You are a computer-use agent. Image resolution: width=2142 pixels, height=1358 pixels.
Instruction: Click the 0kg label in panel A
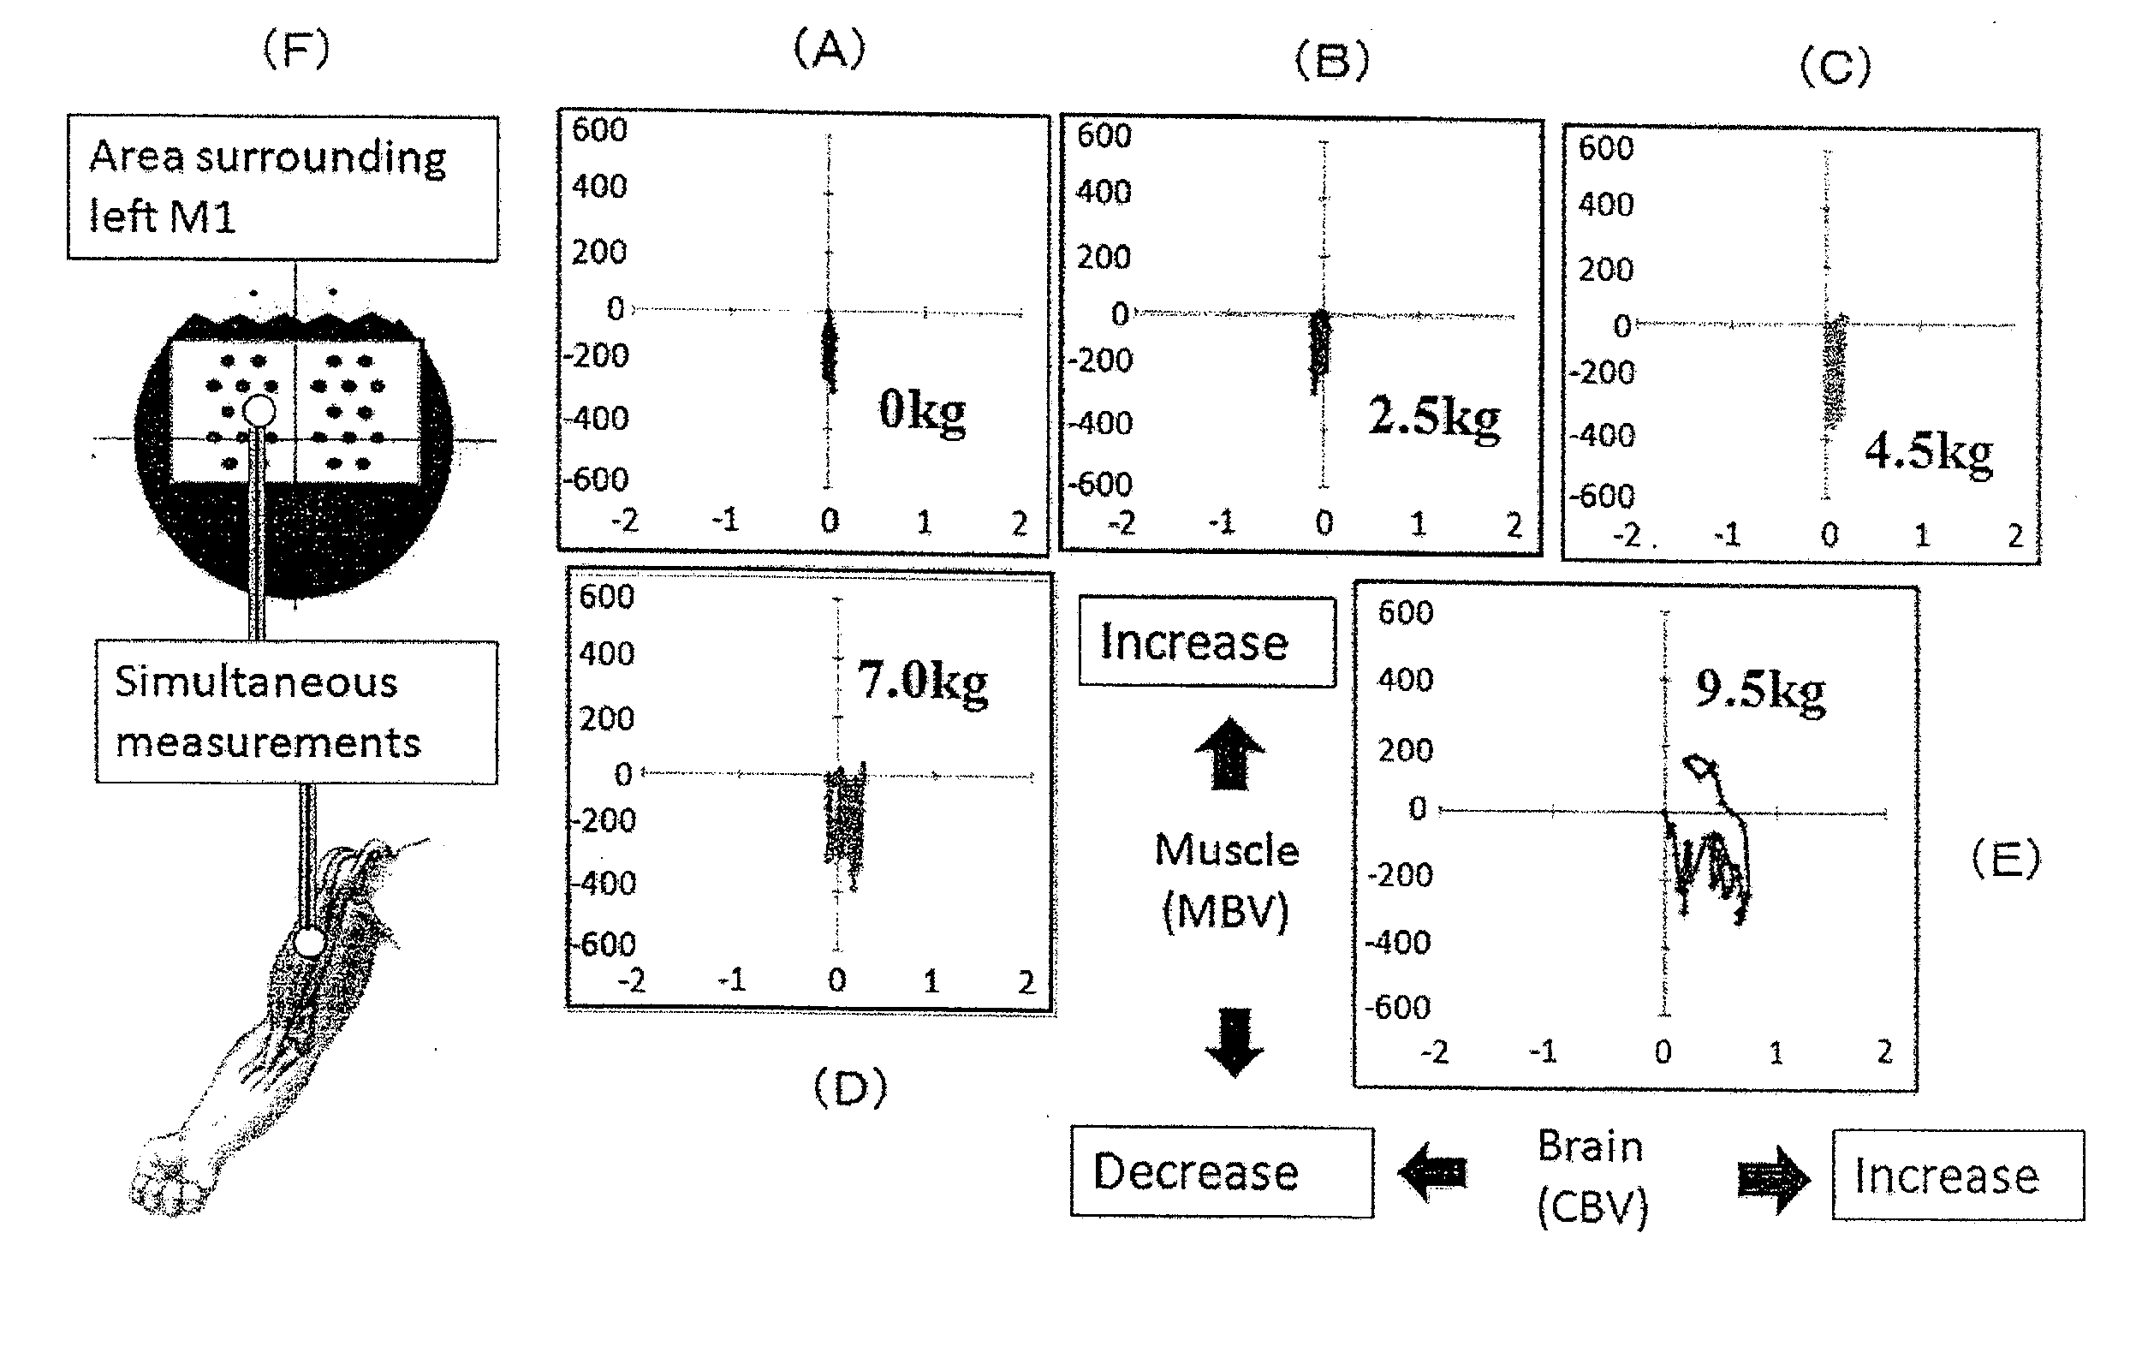pyautogui.click(x=921, y=411)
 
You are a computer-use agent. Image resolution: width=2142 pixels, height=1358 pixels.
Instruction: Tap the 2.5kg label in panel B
pyautogui.click(x=1433, y=416)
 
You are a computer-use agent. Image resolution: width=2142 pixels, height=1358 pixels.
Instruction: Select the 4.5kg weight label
pyautogui.click(x=1928, y=451)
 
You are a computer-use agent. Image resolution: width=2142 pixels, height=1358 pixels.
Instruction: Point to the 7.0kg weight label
pyautogui.click(x=921, y=682)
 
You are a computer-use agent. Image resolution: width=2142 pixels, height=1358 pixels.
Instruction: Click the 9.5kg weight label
pyautogui.click(x=1759, y=688)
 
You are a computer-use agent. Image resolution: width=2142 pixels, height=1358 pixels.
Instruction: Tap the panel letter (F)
pyautogui.click(x=296, y=49)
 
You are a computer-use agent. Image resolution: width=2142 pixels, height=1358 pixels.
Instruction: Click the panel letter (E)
pyautogui.click(x=2006, y=860)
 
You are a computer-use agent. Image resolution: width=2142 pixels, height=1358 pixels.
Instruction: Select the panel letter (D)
pyautogui.click(x=850, y=1087)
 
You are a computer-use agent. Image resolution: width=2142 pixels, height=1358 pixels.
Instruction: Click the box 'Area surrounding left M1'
pyautogui.click(x=283, y=187)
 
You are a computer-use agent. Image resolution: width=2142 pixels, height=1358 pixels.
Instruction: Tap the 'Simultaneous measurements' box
pyautogui.click(x=296, y=712)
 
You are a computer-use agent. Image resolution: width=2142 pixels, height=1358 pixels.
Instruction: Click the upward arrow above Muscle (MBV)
pyautogui.click(x=1229, y=753)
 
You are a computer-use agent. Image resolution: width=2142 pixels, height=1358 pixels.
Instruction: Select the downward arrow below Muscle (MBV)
pyautogui.click(x=1234, y=1042)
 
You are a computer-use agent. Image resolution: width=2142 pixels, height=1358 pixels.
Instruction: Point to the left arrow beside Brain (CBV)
pyautogui.click(x=1432, y=1172)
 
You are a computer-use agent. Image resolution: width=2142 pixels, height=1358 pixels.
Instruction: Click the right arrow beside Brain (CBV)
pyautogui.click(x=1773, y=1178)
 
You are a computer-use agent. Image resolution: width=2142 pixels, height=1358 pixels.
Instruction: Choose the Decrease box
pyautogui.click(x=1222, y=1172)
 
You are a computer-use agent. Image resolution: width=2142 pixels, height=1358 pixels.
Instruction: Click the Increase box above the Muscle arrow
pyautogui.click(x=1206, y=641)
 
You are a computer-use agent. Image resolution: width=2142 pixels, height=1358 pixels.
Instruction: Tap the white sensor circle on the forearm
pyautogui.click(x=309, y=943)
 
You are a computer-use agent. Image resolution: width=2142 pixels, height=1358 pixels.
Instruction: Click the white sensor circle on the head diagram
pyautogui.click(x=259, y=410)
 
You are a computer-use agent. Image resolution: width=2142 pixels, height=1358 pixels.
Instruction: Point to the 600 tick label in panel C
pyautogui.click(x=1604, y=148)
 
